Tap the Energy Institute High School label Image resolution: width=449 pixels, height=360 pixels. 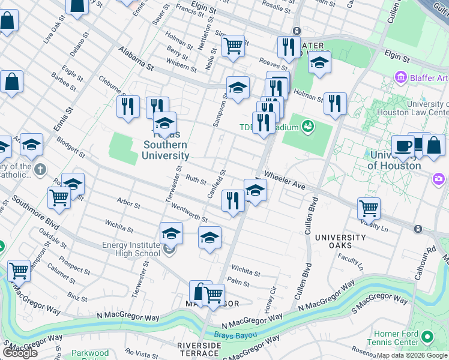point(131,249)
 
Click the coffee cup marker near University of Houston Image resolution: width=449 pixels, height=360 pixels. point(403,146)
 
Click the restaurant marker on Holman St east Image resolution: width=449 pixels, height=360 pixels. point(334,103)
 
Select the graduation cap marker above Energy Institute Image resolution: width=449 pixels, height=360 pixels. point(171,232)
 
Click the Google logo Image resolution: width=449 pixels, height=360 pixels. point(20,353)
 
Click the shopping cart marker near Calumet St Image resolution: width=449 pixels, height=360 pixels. point(19,270)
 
